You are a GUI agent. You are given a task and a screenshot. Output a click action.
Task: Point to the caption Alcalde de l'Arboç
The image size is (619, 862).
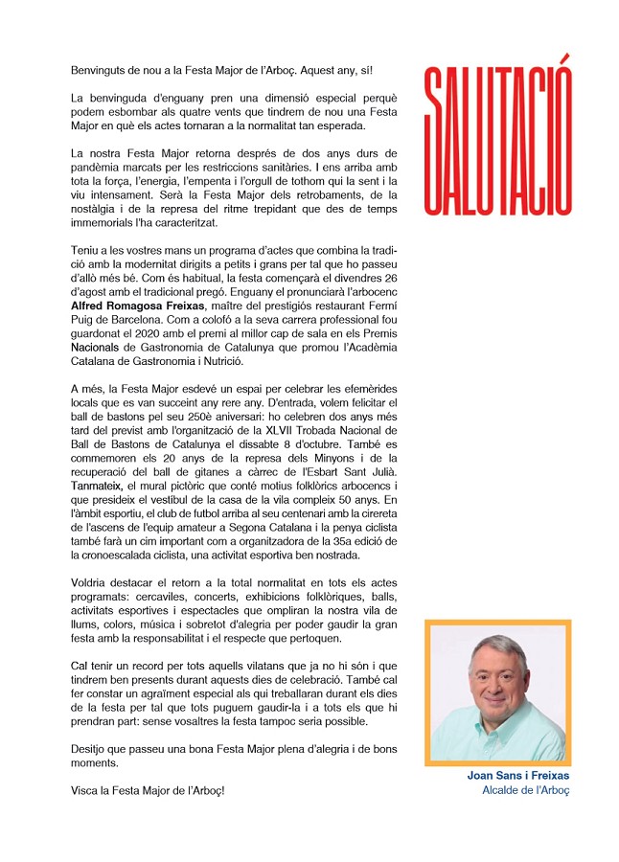pos(526,790)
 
